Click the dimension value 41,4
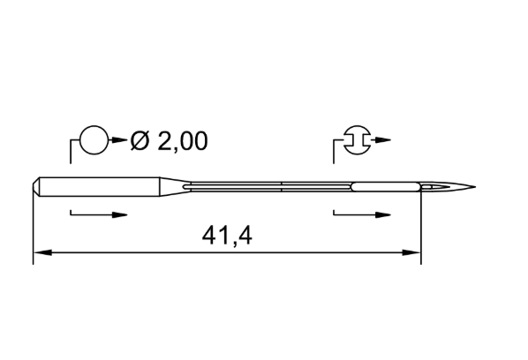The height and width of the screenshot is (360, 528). (227, 236)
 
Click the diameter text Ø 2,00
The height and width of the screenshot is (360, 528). (169, 140)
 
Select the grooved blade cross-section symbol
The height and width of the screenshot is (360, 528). (358, 140)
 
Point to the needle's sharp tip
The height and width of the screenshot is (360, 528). (475, 187)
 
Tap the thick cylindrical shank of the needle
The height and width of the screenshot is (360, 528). (100, 186)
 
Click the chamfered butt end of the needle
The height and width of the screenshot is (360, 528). (36, 186)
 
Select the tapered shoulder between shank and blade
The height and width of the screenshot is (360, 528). (172, 186)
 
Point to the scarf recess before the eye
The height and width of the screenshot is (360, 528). (386, 187)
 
